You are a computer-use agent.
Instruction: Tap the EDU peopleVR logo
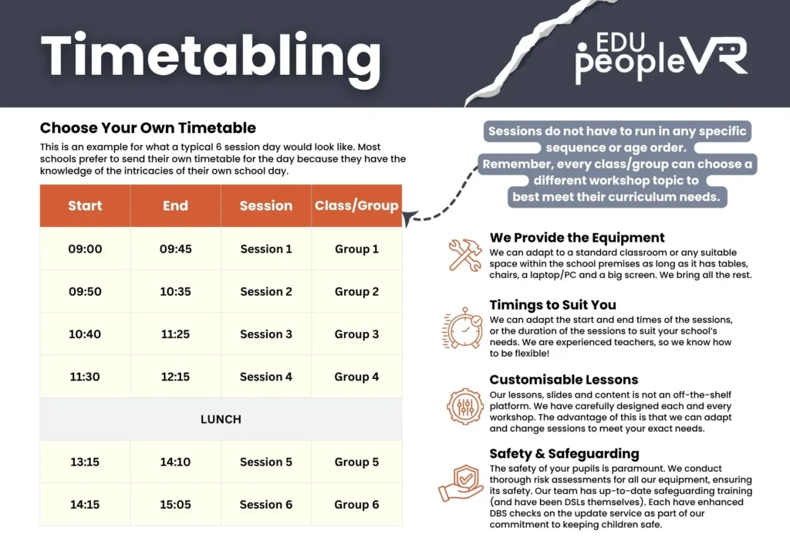pyautogui.click(x=660, y=56)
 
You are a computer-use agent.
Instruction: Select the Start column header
pyautogui.click(x=85, y=205)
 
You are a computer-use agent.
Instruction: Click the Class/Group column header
pyautogui.click(x=356, y=205)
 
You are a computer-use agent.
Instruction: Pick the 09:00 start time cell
pyautogui.click(x=85, y=249)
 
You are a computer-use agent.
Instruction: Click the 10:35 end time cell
pyautogui.click(x=175, y=292)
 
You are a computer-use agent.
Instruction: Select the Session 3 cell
pyautogui.click(x=266, y=334)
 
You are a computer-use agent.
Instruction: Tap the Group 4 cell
pyautogui.click(x=356, y=377)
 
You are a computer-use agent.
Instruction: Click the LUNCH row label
pyautogui.click(x=221, y=419)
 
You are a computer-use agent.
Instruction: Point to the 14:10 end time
pyautogui.click(x=175, y=462)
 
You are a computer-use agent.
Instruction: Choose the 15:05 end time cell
pyautogui.click(x=175, y=504)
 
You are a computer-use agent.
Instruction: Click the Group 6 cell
pyautogui.click(x=356, y=504)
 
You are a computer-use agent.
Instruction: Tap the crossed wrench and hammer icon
pyautogui.click(x=464, y=255)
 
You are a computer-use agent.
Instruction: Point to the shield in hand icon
pyautogui.click(x=462, y=482)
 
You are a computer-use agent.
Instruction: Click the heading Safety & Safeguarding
pyautogui.click(x=564, y=453)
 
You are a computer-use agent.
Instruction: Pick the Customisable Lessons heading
pyautogui.click(x=563, y=379)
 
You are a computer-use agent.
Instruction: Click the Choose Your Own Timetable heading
pyautogui.click(x=148, y=127)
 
